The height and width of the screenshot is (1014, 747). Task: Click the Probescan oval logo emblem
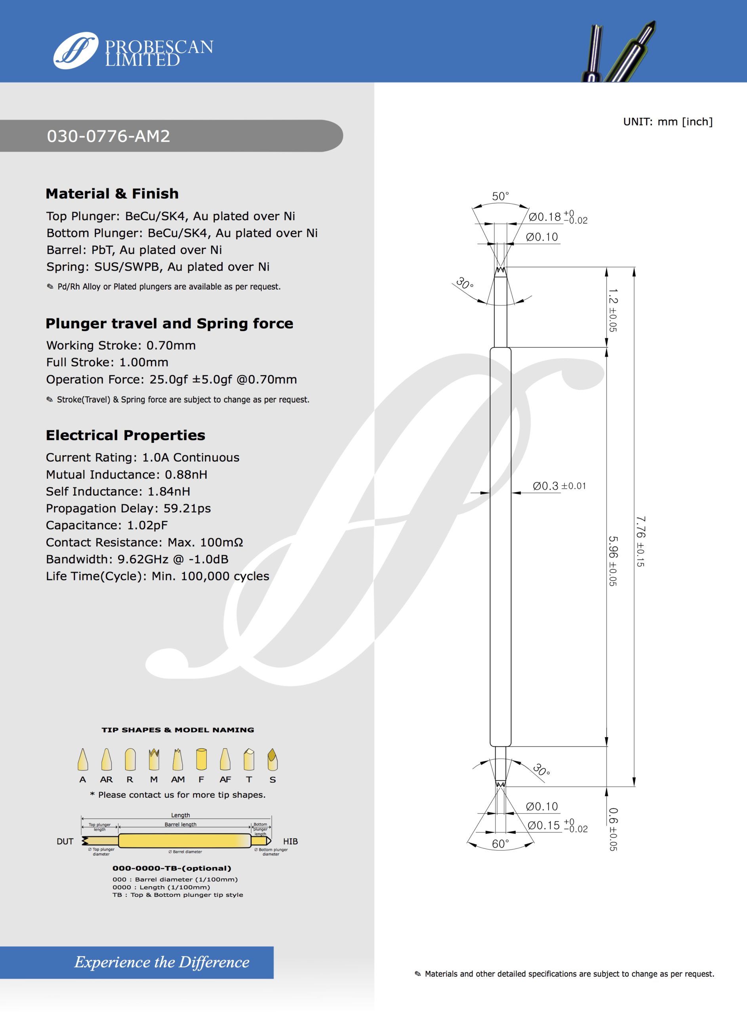point(76,50)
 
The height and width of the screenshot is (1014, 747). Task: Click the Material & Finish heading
point(112,194)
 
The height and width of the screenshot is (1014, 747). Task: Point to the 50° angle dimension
point(500,196)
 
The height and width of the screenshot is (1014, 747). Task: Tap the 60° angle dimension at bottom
point(501,844)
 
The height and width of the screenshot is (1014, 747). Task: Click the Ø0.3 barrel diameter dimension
point(559,486)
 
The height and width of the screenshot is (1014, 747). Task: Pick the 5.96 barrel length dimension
point(612,560)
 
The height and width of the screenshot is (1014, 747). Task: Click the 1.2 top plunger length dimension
point(613,310)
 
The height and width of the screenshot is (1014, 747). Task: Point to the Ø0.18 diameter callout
point(557,217)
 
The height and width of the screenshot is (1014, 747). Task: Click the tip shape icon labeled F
point(201,759)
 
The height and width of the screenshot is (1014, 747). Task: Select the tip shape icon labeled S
point(272,759)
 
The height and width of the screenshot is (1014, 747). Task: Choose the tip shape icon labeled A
point(83,759)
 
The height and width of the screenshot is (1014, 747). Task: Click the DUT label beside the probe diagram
point(65,841)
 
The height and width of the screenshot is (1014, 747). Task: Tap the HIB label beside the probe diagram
point(290,841)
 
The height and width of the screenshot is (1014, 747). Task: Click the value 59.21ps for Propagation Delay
point(187,509)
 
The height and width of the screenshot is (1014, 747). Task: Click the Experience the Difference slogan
point(162,962)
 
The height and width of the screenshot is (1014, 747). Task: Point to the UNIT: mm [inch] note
point(667,122)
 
